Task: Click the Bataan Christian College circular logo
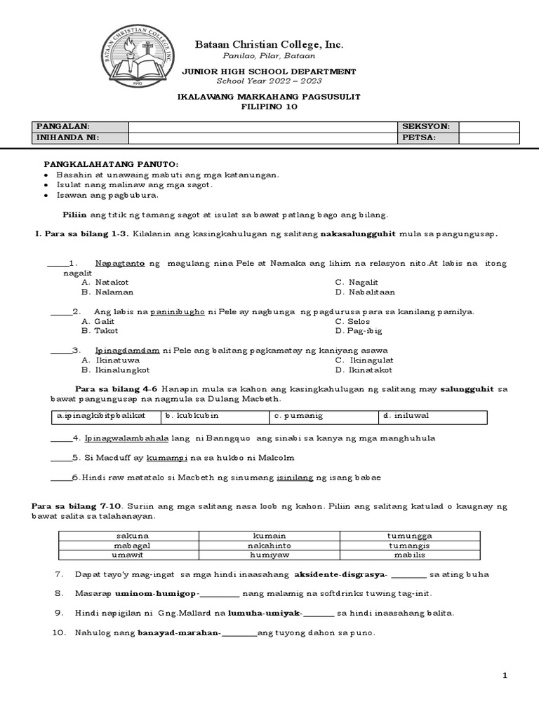pos(138,57)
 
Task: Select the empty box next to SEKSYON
pos(489,126)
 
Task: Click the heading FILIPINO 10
pos(269,107)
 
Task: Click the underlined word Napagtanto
pos(119,264)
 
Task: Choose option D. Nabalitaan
pos(365,292)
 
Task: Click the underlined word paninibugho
pos(178,311)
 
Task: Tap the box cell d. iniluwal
pos(432,416)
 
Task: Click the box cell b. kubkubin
pos(215,416)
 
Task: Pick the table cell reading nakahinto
pos(269,545)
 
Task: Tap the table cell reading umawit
pos(128,555)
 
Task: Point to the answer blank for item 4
pos(60,439)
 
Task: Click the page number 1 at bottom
pos(504,675)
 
